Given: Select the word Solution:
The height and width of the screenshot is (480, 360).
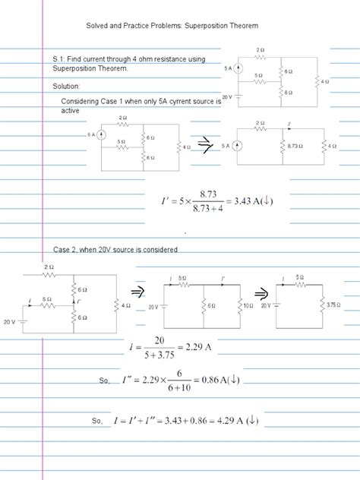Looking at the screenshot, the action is coord(66,85).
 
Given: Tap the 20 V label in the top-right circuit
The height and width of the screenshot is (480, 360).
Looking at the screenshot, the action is coord(226,97).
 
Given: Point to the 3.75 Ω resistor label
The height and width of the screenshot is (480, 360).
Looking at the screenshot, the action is coord(333,305).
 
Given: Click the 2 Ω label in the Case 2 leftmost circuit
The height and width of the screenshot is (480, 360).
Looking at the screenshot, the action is coord(49,267).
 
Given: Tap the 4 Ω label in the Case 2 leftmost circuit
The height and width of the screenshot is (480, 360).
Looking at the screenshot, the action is coord(126,305).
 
